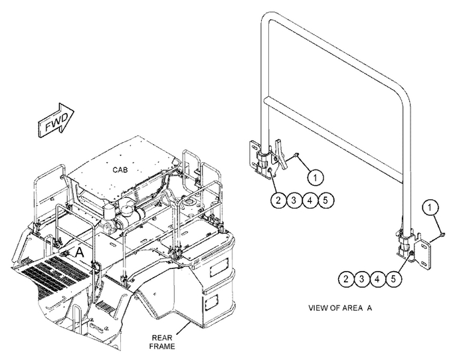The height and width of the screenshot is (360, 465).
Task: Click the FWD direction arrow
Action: [56, 120]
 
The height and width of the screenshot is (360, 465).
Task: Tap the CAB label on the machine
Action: [120, 170]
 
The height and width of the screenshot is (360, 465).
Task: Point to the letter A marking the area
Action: [80, 252]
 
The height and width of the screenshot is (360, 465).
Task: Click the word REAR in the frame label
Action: [162, 338]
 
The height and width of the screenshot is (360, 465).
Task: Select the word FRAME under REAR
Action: [162, 346]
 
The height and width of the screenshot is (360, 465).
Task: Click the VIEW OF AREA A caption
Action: [340, 308]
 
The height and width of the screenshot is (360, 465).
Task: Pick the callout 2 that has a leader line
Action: [278, 200]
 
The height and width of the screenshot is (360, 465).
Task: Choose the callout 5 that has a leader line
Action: [393, 279]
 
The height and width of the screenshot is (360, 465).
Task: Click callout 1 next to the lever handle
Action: [316, 178]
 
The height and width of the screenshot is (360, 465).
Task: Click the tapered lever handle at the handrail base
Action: [281, 154]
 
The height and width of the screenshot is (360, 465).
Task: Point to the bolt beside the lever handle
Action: [296, 154]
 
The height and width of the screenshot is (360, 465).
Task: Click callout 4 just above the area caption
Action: [377, 279]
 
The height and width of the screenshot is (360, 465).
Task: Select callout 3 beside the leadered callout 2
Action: [294, 200]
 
